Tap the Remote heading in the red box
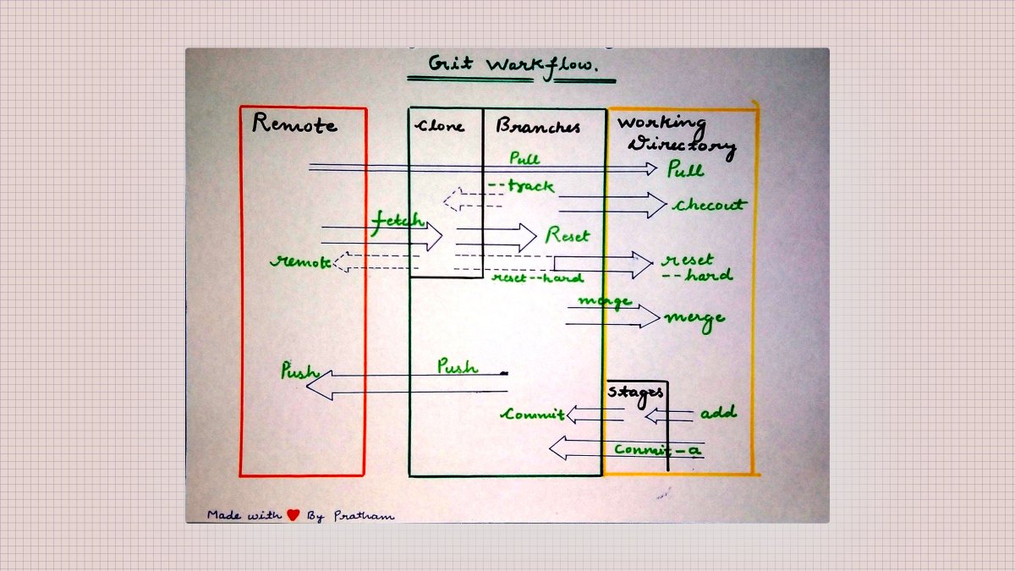[x=294, y=124]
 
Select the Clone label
[x=440, y=126]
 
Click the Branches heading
[x=538, y=127]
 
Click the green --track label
[x=521, y=186]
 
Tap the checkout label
[x=709, y=205]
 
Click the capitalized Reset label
[x=567, y=235]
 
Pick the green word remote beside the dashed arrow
[x=300, y=261]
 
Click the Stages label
[x=635, y=391]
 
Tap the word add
[x=717, y=413]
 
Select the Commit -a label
[x=657, y=450]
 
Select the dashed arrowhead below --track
[x=452, y=200]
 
